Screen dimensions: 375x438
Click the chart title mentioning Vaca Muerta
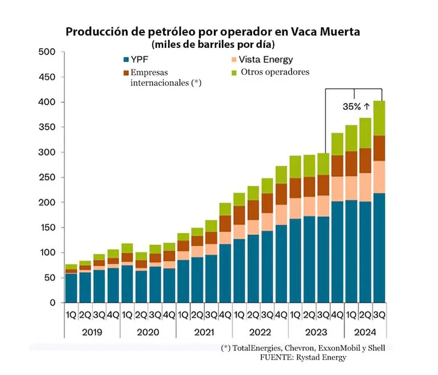(213, 32)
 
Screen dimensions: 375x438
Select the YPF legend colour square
(126, 60)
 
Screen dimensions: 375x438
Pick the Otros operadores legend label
(274, 72)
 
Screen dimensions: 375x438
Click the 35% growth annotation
(356, 107)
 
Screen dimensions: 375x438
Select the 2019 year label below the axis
(92, 331)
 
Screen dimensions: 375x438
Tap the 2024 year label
(366, 331)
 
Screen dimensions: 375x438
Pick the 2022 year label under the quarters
(259, 331)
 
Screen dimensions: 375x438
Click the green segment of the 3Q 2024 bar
(379, 118)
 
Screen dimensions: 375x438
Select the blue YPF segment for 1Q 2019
(71, 288)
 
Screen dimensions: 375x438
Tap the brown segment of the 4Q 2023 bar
(337, 166)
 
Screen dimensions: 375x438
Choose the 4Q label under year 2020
(169, 314)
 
